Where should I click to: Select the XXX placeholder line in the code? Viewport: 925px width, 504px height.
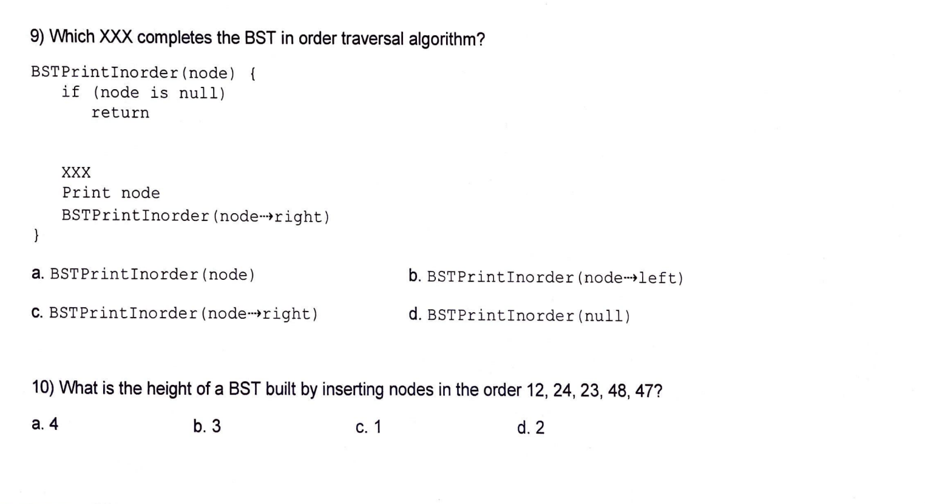(x=76, y=172)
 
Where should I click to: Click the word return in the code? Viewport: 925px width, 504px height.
(x=120, y=113)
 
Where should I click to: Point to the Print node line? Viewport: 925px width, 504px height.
(x=110, y=193)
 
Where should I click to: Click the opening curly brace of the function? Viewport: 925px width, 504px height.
(x=252, y=73)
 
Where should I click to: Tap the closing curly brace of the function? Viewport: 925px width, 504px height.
(x=36, y=235)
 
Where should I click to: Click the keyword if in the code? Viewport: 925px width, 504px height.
(x=70, y=92)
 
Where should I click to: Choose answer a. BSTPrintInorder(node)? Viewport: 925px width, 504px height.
(x=143, y=274)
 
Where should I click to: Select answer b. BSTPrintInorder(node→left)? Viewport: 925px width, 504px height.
(x=546, y=278)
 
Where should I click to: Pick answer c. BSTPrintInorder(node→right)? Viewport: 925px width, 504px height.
(x=174, y=313)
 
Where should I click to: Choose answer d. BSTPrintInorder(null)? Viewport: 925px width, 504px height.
(x=520, y=315)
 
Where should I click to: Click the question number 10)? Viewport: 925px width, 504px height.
(x=43, y=387)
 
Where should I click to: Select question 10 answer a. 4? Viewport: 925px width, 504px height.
(x=45, y=424)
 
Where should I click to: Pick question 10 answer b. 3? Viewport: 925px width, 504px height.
(x=207, y=426)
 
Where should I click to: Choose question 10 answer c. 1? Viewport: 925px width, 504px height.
(x=368, y=427)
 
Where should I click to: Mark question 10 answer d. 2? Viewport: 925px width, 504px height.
(x=530, y=428)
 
